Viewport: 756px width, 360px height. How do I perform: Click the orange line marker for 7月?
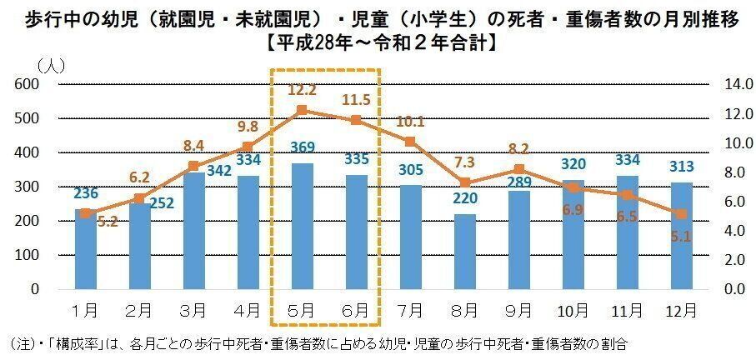410,142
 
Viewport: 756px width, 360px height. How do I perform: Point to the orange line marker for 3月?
193,167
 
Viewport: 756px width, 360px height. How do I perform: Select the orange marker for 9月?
518,169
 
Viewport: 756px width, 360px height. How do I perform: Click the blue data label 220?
464,199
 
